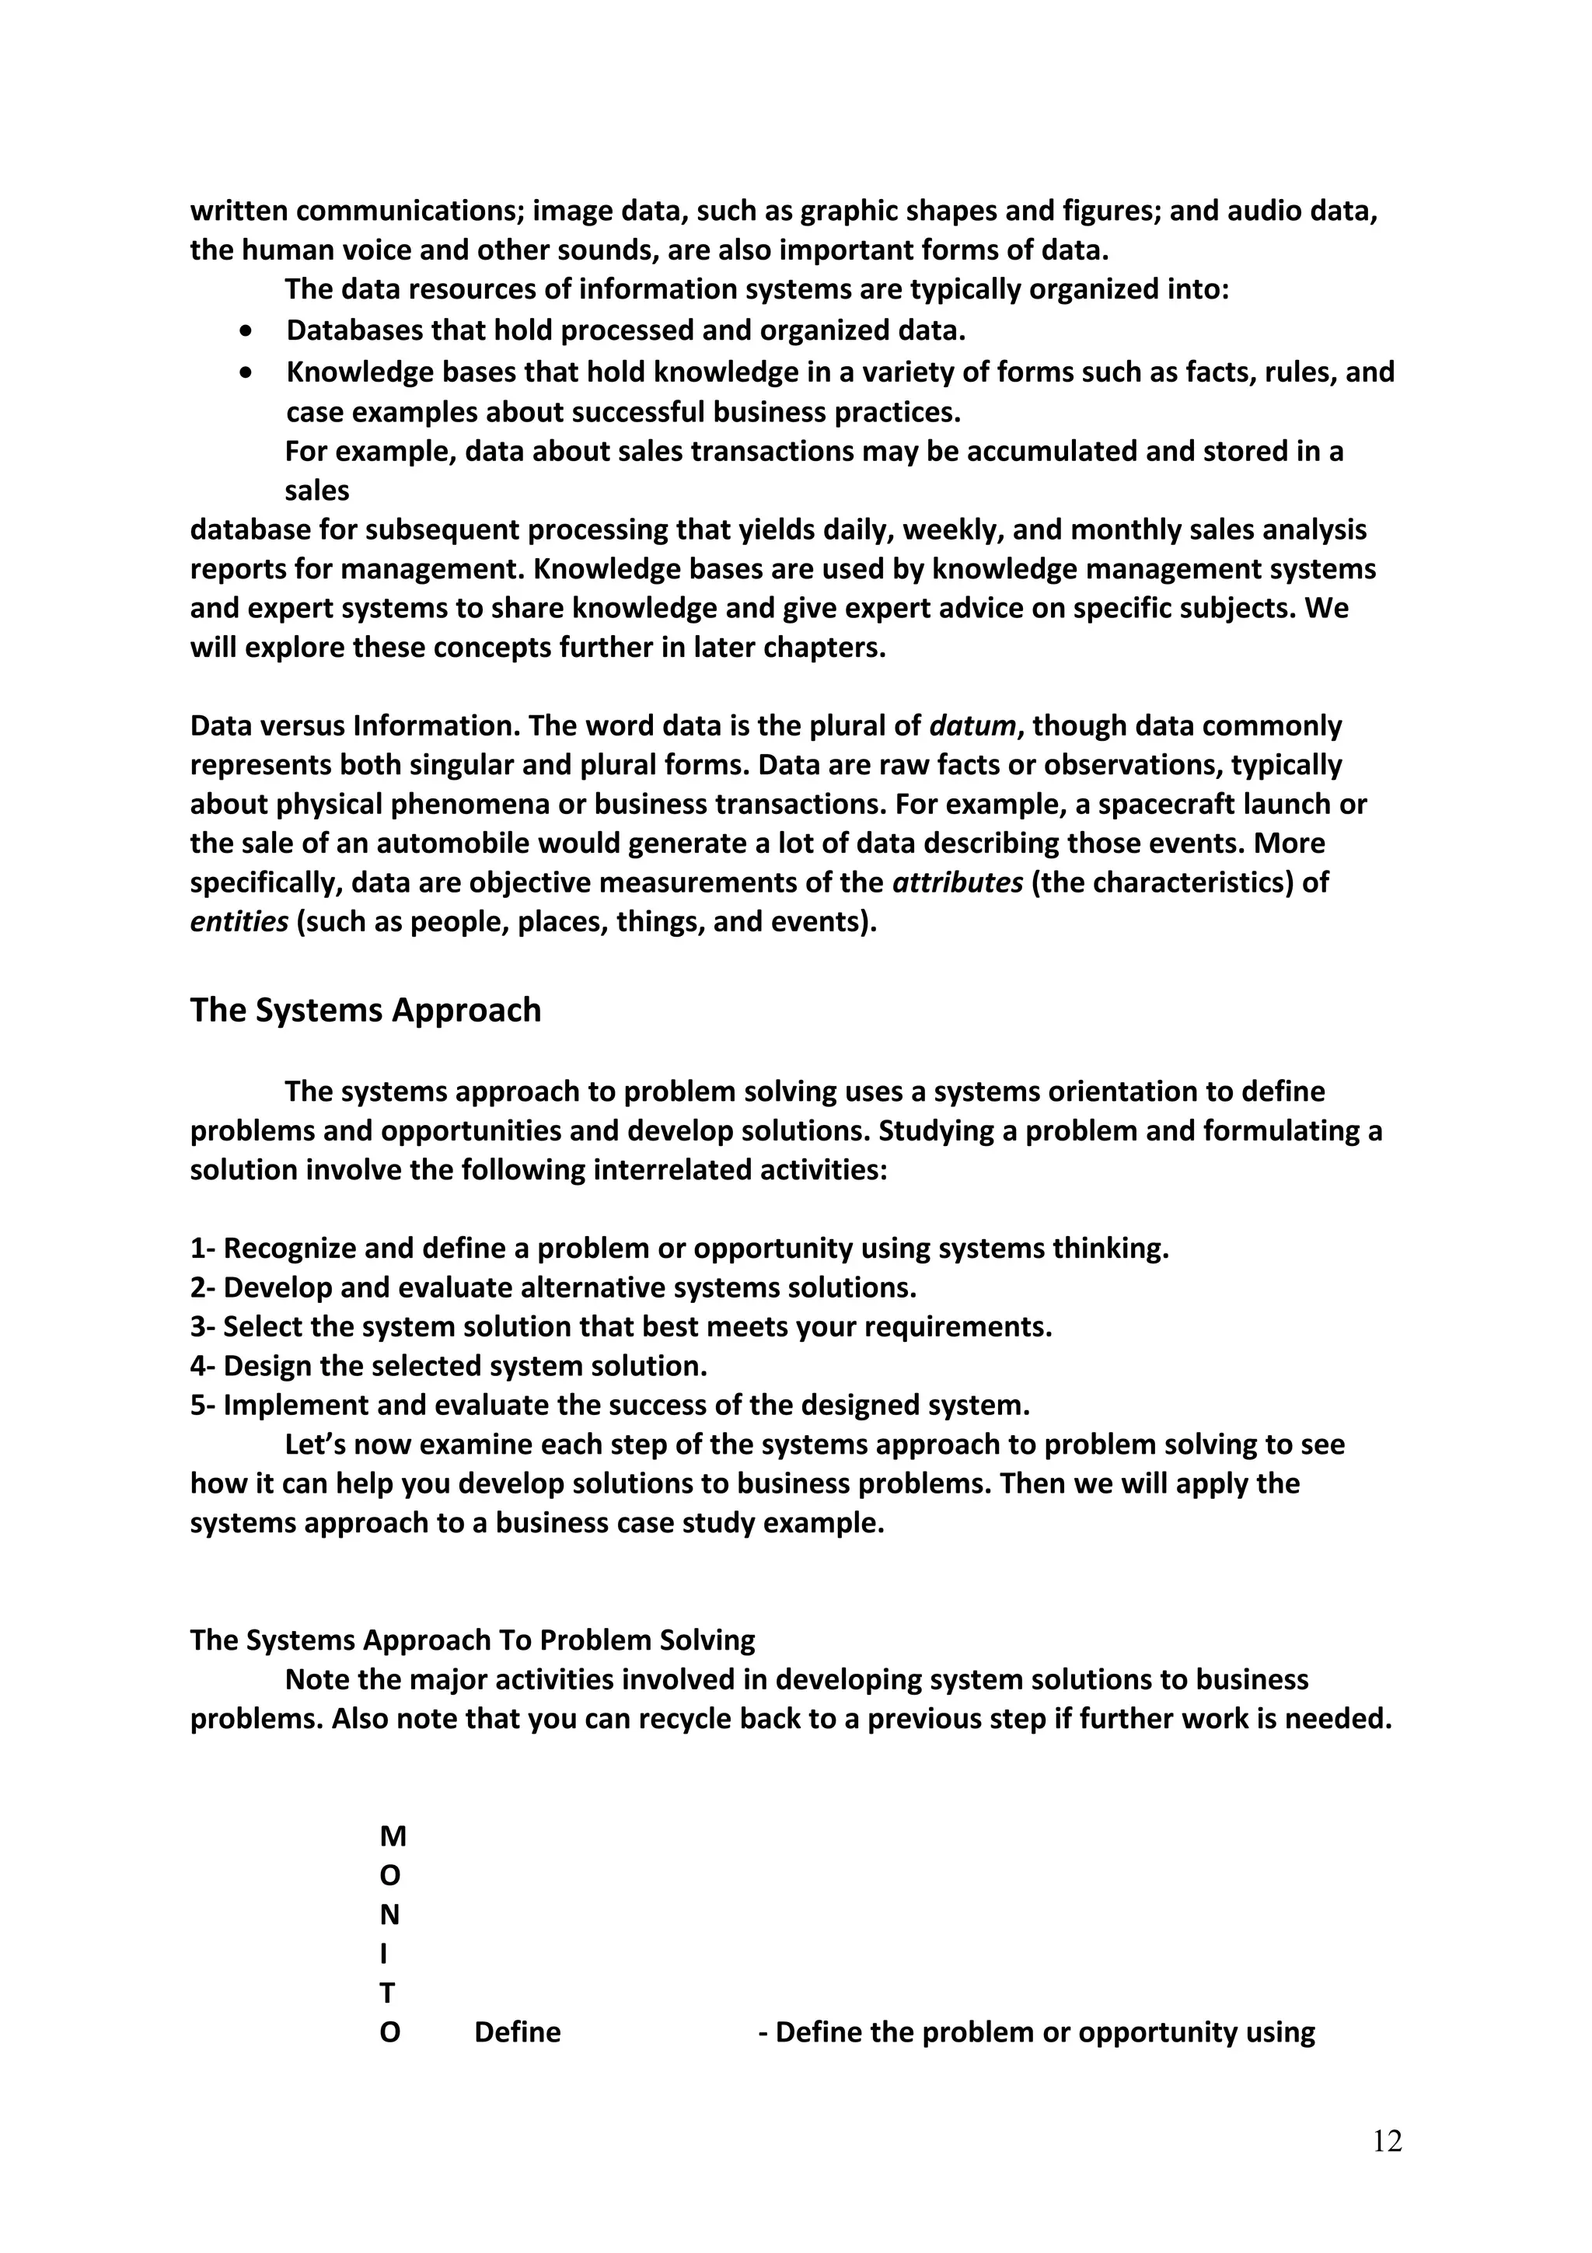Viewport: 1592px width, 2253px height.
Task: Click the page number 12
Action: pyautogui.click(x=1387, y=2141)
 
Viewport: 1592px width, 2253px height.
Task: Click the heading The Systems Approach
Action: pyautogui.click(x=365, y=1010)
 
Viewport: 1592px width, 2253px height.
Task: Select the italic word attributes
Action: pyautogui.click(x=958, y=882)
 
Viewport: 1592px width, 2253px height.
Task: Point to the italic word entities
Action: pyautogui.click(x=239, y=922)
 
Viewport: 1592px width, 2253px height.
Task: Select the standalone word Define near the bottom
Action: pyautogui.click(x=517, y=2031)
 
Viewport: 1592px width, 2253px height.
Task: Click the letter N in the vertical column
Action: pyautogui.click(x=389, y=1915)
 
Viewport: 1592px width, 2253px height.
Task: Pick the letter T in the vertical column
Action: pyautogui.click(x=387, y=1993)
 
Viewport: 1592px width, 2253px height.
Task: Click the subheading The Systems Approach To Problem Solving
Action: pyautogui.click(x=472, y=1640)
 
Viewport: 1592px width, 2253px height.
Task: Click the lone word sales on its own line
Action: pyautogui.click(x=317, y=490)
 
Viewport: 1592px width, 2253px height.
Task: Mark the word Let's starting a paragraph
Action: pyautogui.click(x=314, y=1444)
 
